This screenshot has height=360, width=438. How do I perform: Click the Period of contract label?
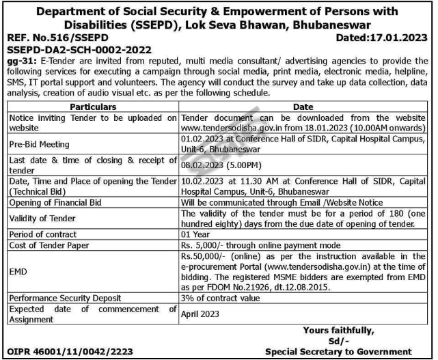45,232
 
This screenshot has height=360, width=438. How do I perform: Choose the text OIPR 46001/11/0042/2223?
70,352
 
